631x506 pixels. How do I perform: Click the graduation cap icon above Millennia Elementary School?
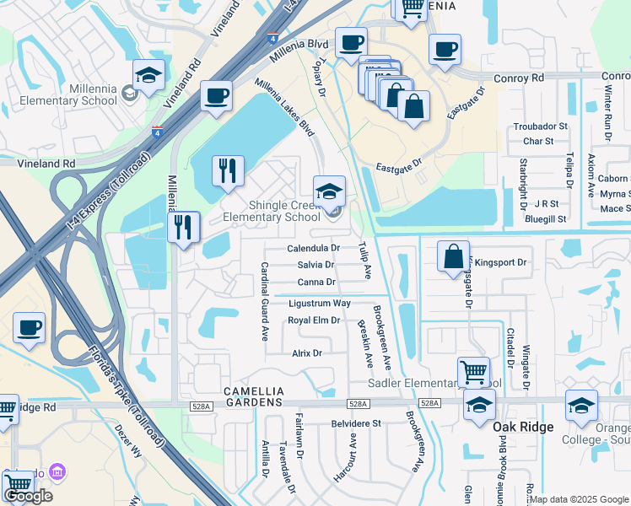[148, 76]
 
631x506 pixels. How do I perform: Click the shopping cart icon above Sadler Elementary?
[473, 371]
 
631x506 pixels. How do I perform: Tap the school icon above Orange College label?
[581, 406]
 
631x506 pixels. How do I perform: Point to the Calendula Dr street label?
[313, 249]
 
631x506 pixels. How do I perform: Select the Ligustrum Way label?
[320, 303]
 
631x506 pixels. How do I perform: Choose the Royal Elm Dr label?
[314, 320]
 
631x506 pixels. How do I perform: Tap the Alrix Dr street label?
[307, 353]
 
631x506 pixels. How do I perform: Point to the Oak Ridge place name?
[523, 427]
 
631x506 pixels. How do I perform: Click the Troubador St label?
[541, 126]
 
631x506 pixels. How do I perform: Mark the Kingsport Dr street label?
[500, 262]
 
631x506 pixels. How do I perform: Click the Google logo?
[28, 495]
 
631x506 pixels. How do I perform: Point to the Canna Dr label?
[316, 282]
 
